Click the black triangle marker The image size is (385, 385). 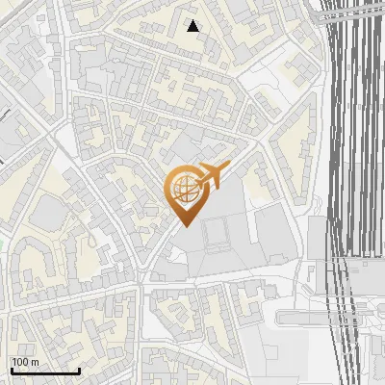(x=193, y=27)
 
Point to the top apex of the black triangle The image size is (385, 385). (x=193, y=21)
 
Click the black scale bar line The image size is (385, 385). (x=44, y=371)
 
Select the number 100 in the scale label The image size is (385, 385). (x=21, y=362)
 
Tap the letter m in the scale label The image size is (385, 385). (x=35, y=362)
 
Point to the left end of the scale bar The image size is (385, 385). (x=11, y=371)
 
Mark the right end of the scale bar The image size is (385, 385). (x=79, y=371)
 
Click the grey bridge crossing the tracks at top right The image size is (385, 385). (x=351, y=15)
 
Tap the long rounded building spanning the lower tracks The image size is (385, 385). (x=327, y=318)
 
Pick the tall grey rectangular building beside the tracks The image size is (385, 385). (x=318, y=241)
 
